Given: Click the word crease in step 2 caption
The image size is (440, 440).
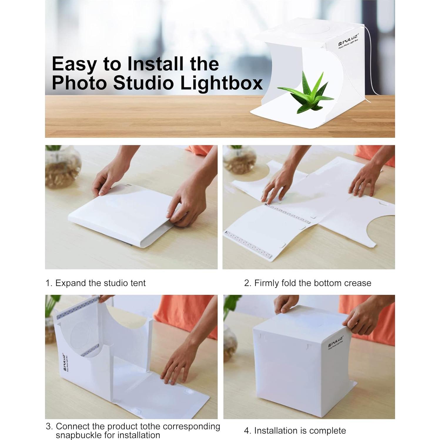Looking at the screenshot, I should (x=357, y=283).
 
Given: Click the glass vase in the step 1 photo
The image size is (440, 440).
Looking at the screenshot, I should (x=62, y=169).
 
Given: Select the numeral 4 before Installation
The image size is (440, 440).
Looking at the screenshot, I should (x=247, y=431).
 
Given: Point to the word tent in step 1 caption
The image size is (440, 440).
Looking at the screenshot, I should (x=138, y=283).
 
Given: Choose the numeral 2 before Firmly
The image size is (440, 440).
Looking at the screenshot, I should (x=247, y=283).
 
